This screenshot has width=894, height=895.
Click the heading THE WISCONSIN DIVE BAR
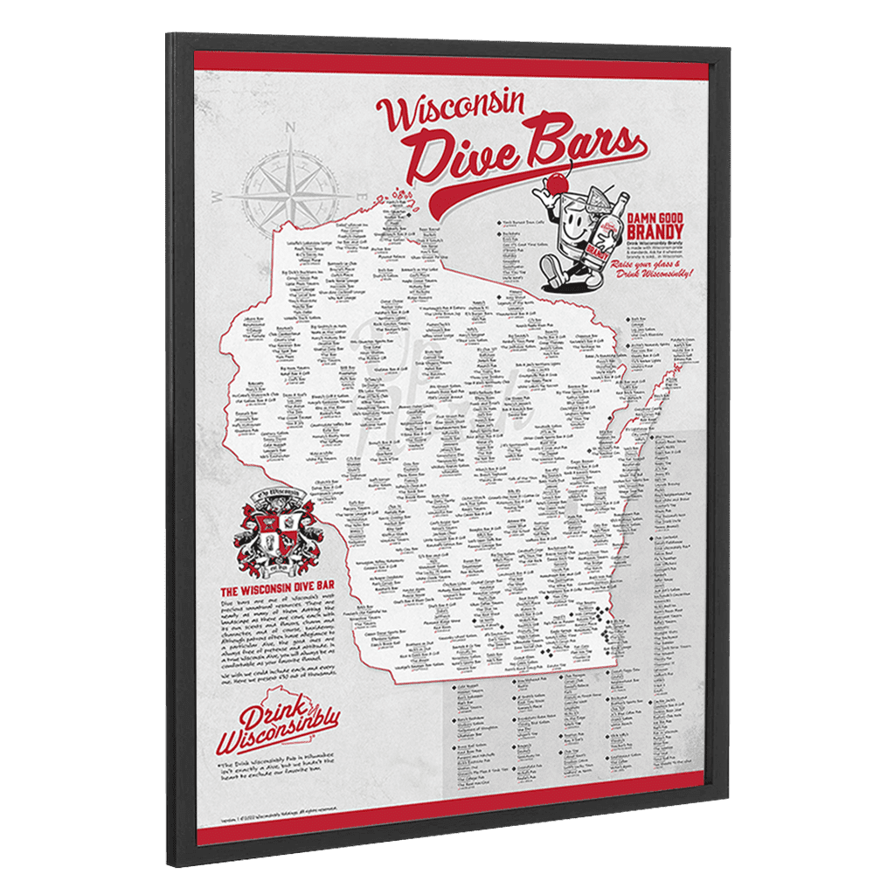click(x=278, y=590)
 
